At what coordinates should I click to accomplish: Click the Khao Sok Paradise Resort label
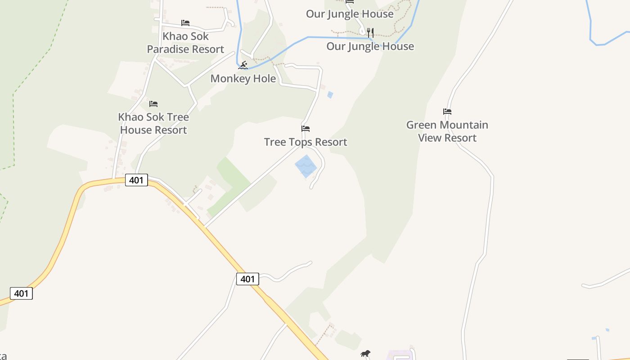point(185,43)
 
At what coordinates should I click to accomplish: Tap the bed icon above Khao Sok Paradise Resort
point(185,23)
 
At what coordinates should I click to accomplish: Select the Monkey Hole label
point(243,78)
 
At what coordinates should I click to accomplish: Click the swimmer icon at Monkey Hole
point(243,65)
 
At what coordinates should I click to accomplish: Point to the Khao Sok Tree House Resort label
point(153,123)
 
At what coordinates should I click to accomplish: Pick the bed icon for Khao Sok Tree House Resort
point(153,104)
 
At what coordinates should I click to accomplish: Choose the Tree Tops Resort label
point(306,142)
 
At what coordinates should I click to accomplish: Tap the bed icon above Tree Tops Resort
point(306,129)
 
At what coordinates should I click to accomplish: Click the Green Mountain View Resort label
point(447,131)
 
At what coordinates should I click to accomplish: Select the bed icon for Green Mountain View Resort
point(447,112)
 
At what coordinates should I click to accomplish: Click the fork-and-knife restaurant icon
point(370,32)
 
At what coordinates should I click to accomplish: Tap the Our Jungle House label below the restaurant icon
point(370,46)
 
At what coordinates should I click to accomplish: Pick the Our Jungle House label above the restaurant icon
point(350,14)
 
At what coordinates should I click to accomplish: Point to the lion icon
point(365,354)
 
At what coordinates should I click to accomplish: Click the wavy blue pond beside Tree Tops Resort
point(306,166)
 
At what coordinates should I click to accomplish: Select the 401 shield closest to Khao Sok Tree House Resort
point(136,180)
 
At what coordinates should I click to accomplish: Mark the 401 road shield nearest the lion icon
point(247,279)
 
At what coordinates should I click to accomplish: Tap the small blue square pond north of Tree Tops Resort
point(330,95)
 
